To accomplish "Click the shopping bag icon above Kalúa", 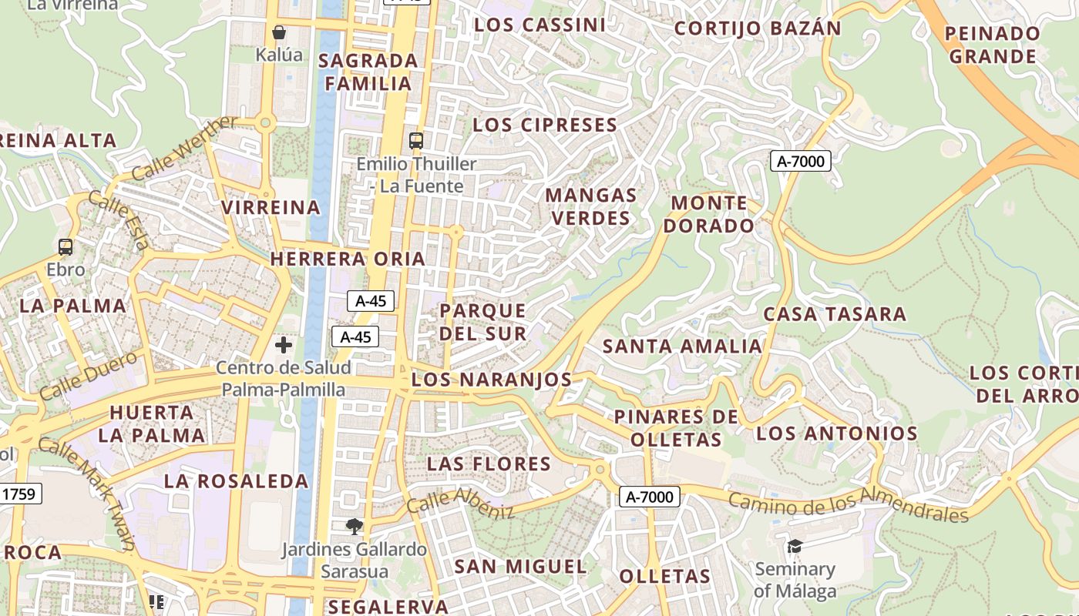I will click(279, 32).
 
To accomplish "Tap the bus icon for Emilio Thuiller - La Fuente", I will click(416, 140).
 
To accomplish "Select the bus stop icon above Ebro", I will click(66, 247).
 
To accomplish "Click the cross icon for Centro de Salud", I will click(284, 344).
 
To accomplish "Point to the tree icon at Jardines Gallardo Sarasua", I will click(355, 527).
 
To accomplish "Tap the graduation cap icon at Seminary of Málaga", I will click(795, 547).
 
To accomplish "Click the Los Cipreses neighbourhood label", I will click(545, 125).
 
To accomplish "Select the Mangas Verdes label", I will click(591, 206).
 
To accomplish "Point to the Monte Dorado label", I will click(709, 214).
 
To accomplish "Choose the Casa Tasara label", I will click(835, 314).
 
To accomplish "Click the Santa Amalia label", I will click(682, 346).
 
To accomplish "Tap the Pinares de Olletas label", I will click(676, 428).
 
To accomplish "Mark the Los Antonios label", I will click(837, 433).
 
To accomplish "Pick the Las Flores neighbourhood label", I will click(489, 464).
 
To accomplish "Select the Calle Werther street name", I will click(184, 149).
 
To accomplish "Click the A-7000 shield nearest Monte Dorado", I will click(800, 162).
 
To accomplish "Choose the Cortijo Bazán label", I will click(758, 28).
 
